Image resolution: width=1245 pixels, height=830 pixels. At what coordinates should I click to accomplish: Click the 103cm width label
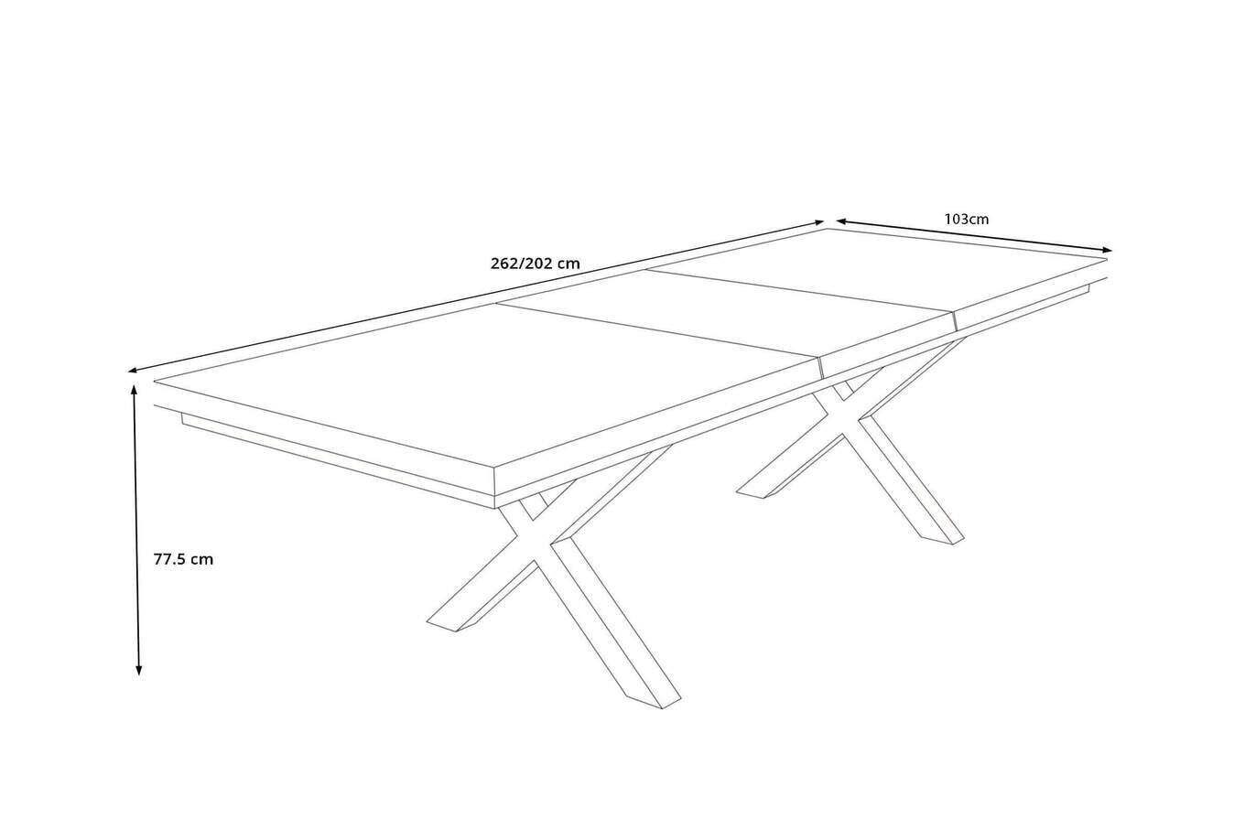(x=967, y=220)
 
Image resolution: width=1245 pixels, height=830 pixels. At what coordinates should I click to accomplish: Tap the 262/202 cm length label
(x=536, y=264)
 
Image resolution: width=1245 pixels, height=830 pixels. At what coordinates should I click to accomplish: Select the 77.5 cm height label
(x=183, y=559)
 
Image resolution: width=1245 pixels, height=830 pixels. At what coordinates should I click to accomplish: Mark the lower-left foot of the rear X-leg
(x=756, y=492)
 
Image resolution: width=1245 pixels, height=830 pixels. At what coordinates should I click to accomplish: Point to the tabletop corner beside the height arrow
(x=156, y=381)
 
